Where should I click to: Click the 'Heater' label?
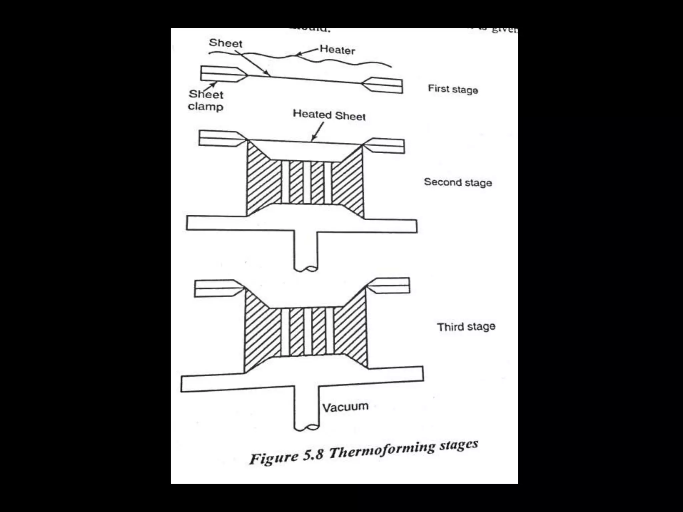(337, 50)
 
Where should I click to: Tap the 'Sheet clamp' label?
(205, 100)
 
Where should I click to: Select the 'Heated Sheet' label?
(329, 115)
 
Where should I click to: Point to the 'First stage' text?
(453, 89)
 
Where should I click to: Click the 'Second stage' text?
(458, 182)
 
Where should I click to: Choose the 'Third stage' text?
(466, 326)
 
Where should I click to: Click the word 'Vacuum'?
(345, 407)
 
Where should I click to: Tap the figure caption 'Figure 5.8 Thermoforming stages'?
(364, 453)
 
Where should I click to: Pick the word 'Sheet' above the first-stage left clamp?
(225, 43)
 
